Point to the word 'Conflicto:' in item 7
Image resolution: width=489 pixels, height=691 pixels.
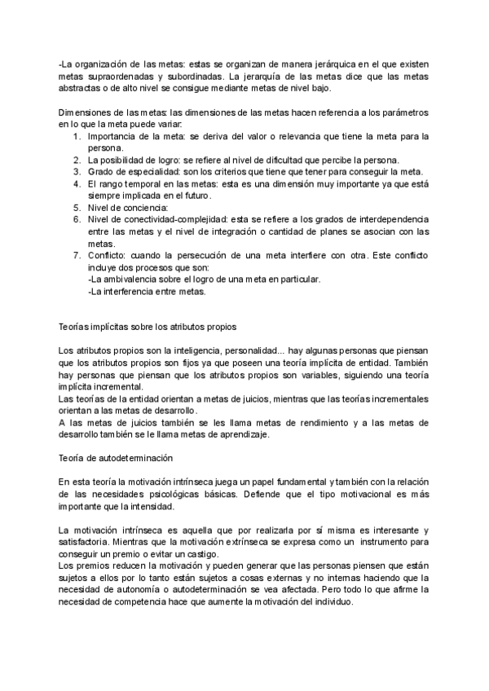point(107,255)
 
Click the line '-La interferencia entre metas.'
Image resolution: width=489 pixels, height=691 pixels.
point(146,291)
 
